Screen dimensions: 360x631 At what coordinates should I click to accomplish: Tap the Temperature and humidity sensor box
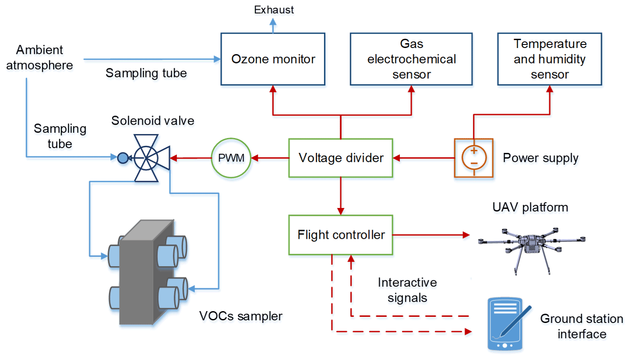[x=550, y=59]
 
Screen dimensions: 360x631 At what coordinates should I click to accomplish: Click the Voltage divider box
[x=340, y=158]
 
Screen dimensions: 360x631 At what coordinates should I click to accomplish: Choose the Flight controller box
[x=340, y=235]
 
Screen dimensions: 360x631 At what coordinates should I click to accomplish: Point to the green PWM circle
[x=231, y=158]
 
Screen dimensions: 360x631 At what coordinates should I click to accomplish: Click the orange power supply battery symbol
[x=474, y=158]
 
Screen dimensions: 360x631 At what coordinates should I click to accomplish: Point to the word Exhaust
[x=273, y=9]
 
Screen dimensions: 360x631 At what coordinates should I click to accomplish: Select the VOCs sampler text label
[x=241, y=315]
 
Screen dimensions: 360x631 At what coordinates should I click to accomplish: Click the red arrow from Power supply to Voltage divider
[x=423, y=158]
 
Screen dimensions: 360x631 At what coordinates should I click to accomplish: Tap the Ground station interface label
[x=582, y=326]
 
